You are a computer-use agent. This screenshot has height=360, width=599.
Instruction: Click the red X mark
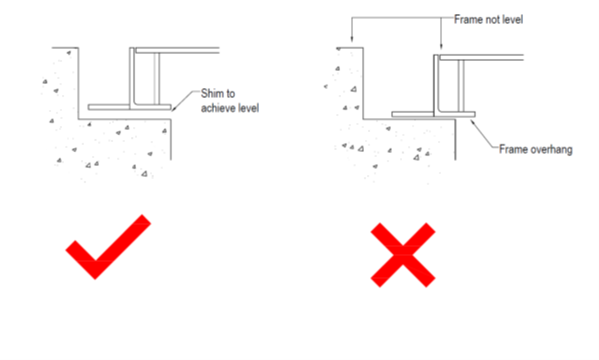[x=403, y=255]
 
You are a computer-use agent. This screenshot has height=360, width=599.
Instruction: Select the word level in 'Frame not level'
[x=513, y=19]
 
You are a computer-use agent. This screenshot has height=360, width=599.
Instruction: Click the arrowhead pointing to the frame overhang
[x=473, y=123]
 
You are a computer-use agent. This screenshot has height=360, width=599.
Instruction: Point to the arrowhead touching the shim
[x=174, y=109]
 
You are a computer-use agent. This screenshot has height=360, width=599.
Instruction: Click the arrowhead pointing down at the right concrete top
[x=352, y=39]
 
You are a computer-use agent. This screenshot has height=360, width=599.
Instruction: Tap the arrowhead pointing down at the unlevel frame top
[x=441, y=46]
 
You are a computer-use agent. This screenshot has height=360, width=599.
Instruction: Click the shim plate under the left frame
[x=130, y=107]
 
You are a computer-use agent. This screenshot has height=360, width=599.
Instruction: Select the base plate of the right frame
[x=433, y=114]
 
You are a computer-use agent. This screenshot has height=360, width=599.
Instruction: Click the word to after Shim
[x=230, y=94]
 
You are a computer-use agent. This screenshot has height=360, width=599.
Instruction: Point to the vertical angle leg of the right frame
[x=436, y=84]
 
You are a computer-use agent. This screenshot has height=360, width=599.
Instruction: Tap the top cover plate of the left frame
[x=177, y=50]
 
